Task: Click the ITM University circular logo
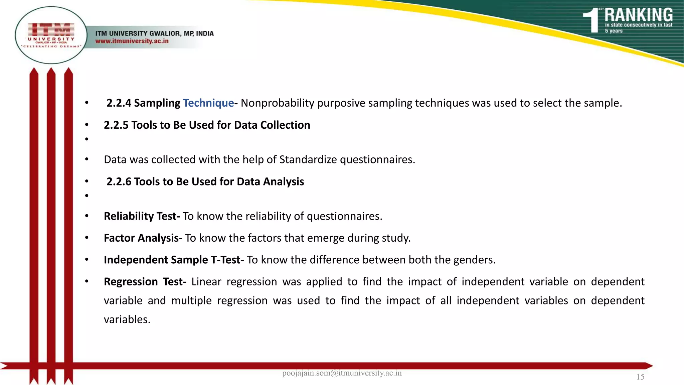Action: point(51,35)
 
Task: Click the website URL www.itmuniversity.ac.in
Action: point(132,41)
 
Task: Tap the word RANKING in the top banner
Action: point(638,15)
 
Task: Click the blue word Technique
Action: point(208,103)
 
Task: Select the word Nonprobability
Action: point(277,103)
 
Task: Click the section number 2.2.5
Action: point(116,125)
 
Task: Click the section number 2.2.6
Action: point(119,181)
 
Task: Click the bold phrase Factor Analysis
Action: point(141,238)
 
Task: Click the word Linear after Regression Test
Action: point(206,282)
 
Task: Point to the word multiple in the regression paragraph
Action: point(191,301)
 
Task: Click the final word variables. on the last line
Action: point(127,319)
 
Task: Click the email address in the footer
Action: point(342,373)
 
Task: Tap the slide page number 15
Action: point(640,377)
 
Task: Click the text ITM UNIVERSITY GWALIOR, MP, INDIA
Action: point(154,33)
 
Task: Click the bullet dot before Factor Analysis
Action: point(87,238)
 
